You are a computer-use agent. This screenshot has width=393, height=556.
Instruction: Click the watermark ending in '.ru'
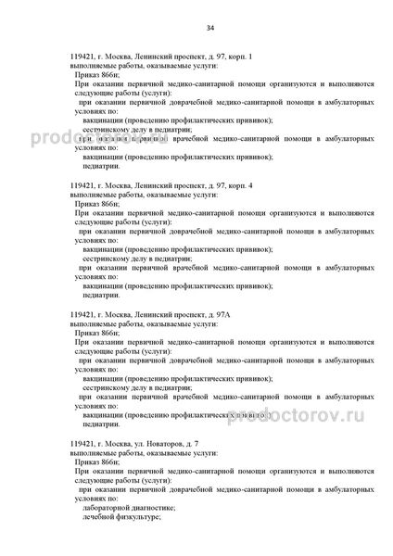(x=312, y=419)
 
